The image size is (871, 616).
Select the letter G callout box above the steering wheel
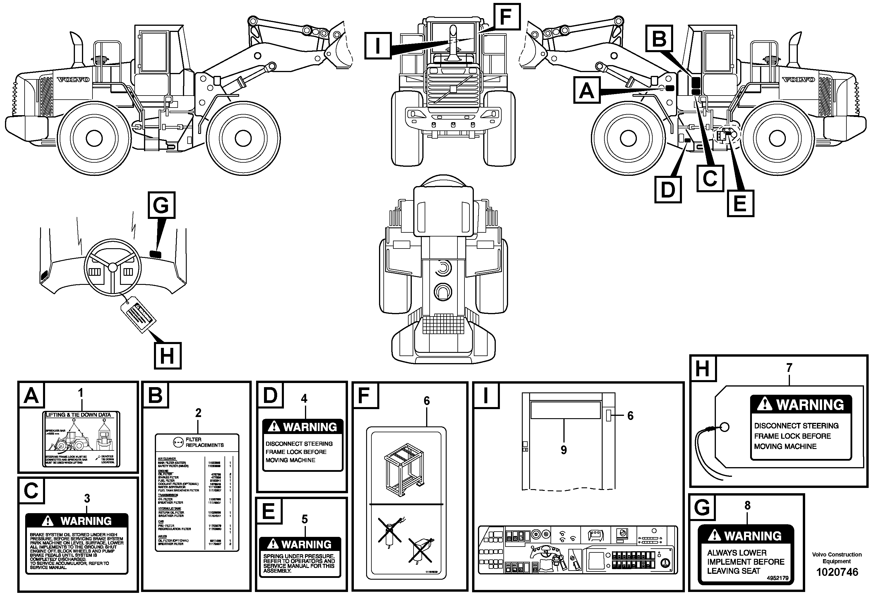tap(161, 205)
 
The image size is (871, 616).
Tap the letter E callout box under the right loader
tap(740, 204)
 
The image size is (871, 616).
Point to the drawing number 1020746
tap(837, 572)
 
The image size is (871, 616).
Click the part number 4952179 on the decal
tap(777, 578)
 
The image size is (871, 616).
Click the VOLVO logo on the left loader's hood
tap(73, 80)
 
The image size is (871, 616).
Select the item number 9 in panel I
tap(563, 450)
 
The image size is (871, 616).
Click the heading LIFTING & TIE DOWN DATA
tap(78, 415)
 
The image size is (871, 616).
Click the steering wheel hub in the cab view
tap(113, 267)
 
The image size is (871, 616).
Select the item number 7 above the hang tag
tap(789, 367)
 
